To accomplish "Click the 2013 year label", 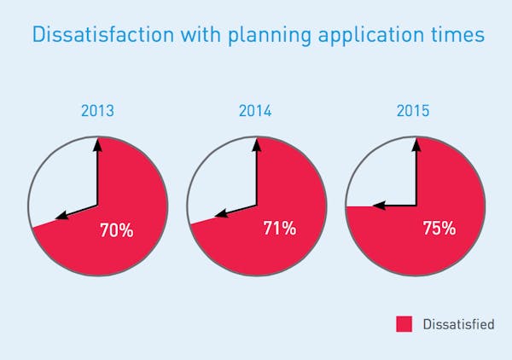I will (98, 111).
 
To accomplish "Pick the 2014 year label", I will (256, 111).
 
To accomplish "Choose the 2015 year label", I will (414, 111).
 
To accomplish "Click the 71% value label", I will (279, 228).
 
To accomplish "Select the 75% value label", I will (439, 228).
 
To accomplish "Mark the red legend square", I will (404, 324).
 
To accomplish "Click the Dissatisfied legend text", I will (459, 324).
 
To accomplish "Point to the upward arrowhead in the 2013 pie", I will (98, 143).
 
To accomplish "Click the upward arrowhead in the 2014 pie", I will (256, 143).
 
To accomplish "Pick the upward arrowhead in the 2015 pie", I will (415, 143).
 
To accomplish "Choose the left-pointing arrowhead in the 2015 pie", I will (378, 206).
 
